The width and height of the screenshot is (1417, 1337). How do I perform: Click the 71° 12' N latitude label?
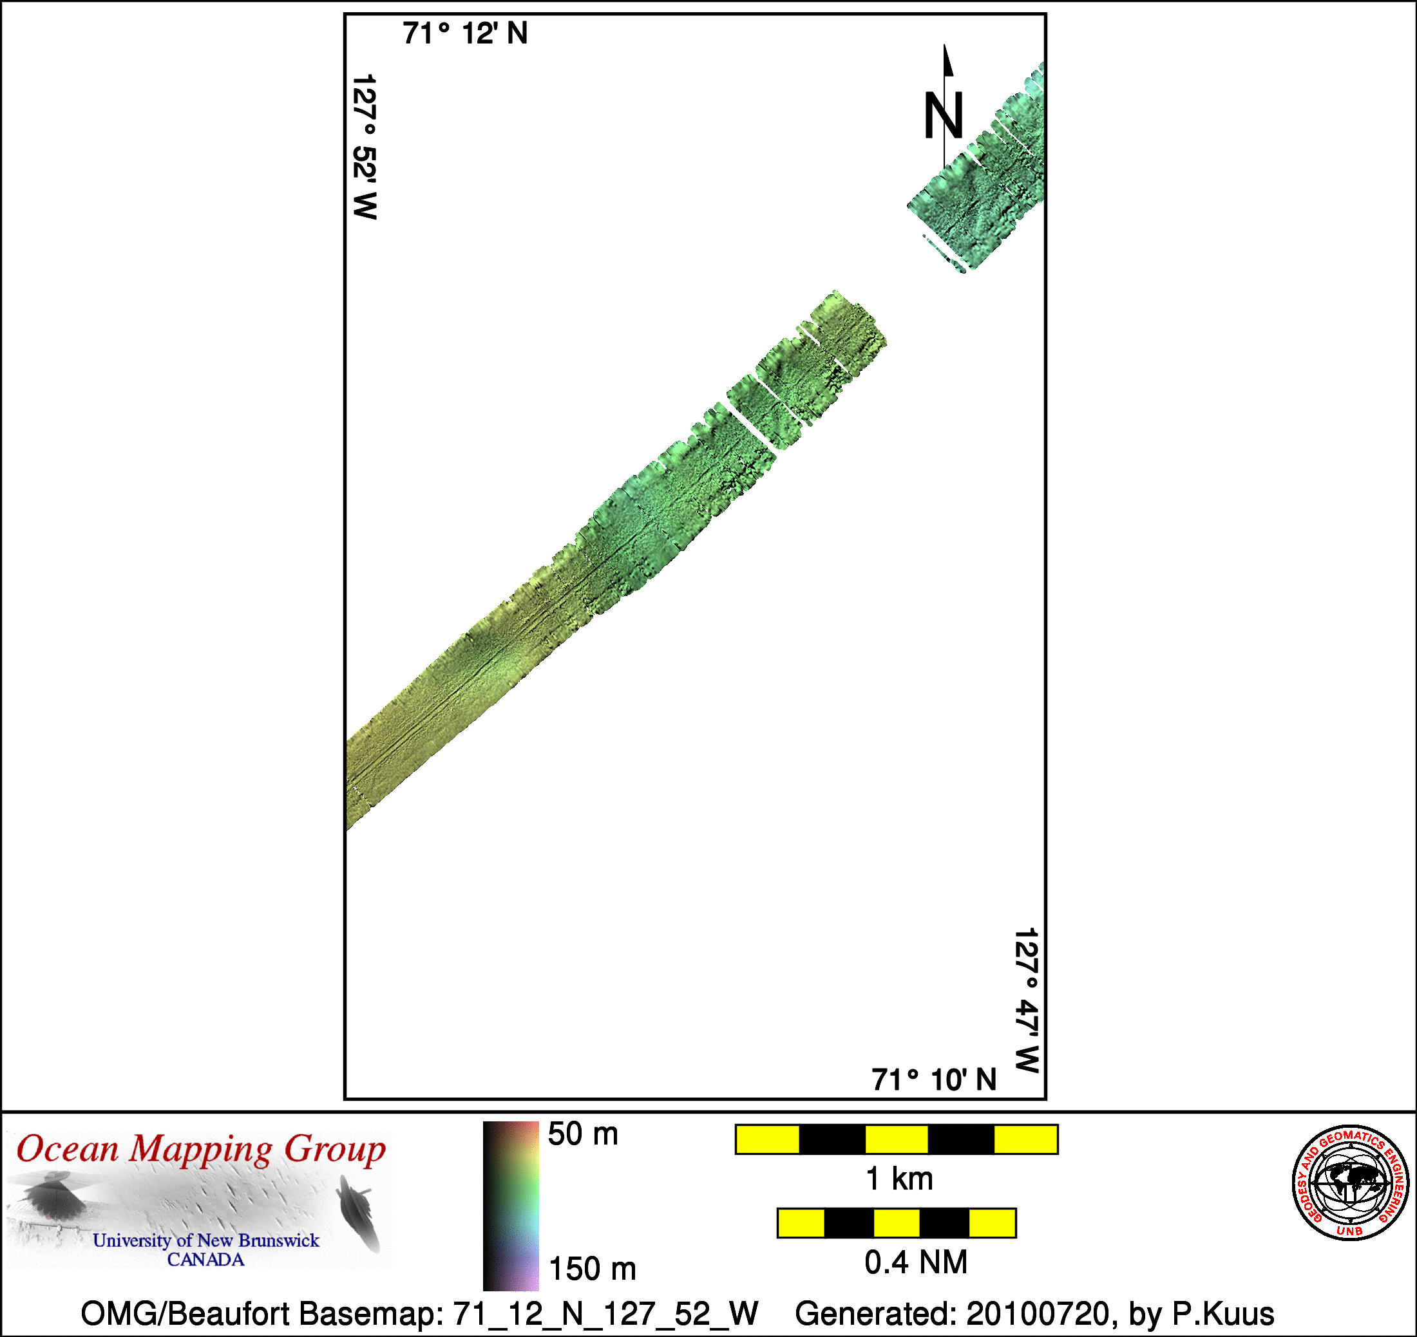coord(465,33)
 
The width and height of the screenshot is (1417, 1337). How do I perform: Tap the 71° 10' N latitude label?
coord(933,1080)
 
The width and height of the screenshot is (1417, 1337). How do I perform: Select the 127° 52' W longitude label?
coord(365,147)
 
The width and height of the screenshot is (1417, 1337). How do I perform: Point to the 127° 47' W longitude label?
coord(1026,1000)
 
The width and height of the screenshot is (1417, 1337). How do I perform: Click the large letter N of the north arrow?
coord(944,115)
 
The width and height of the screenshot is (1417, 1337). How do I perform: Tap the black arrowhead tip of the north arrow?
coord(945,45)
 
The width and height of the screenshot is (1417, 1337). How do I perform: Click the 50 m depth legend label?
coord(583,1134)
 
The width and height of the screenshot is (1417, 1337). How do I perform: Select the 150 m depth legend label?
coord(592,1269)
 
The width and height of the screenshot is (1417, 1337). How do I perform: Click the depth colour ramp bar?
coord(511,1206)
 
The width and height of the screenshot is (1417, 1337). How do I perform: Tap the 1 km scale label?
coord(899,1179)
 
